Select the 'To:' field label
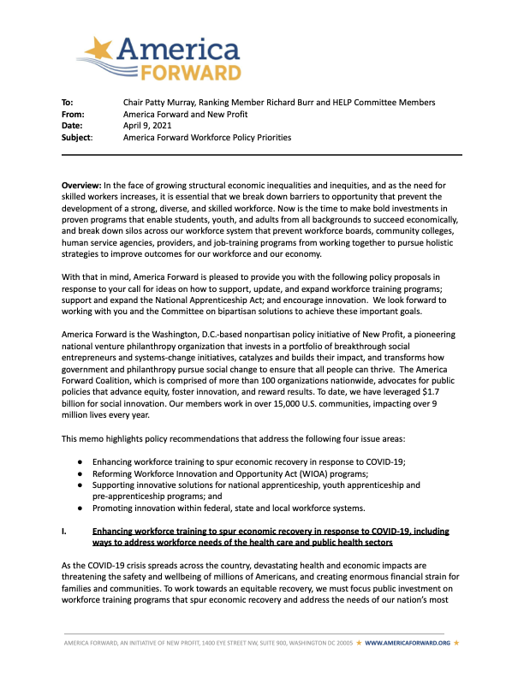coord(68,103)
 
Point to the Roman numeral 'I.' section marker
coord(65,532)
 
